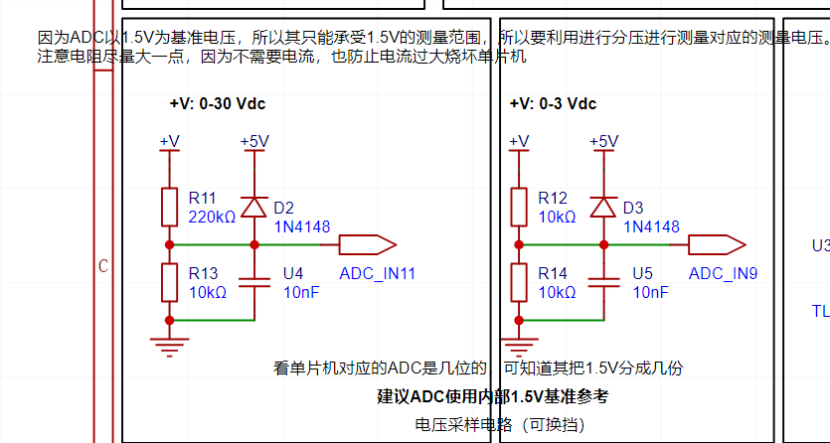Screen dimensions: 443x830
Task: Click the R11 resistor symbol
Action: (x=170, y=207)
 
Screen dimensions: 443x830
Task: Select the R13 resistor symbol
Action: (x=170, y=281)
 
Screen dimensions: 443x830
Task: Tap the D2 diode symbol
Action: (x=254, y=207)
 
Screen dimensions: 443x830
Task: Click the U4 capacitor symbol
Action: (x=254, y=281)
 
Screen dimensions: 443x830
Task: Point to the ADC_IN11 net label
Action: (x=377, y=273)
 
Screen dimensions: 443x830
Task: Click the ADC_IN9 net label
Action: (x=723, y=273)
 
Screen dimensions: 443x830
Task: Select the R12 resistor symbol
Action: (x=518, y=207)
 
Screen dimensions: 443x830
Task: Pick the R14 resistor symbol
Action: (x=518, y=281)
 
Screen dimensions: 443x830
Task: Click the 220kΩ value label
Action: (x=212, y=217)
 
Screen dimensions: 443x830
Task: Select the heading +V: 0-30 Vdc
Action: (x=217, y=103)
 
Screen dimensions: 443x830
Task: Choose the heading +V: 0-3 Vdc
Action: (x=553, y=103)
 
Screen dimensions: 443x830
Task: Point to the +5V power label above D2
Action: (x=254, y=141)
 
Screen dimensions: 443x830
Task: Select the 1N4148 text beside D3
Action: (x=651, y=226)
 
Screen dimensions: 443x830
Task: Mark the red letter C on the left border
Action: (x=102, y=266)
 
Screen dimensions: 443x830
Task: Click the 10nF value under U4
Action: (x=301, y=292)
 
